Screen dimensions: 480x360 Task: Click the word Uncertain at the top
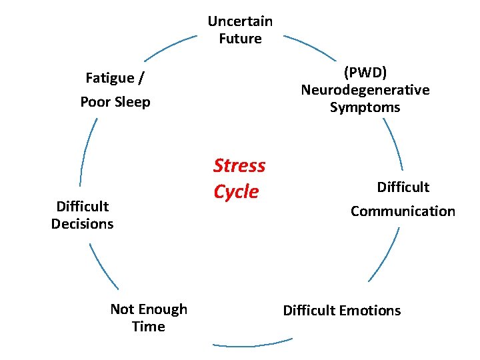(240, 21)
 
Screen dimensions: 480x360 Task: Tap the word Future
(240, 39)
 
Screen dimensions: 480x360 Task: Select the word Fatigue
(110, 78)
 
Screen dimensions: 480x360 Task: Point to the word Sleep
(133, 102)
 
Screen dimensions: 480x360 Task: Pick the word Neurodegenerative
(365, 89)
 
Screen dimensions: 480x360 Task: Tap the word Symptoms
(365, 107)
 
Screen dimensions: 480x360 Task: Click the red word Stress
(239, 165)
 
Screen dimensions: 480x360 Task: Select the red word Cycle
(236, 191)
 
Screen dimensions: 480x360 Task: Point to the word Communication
(403, 211)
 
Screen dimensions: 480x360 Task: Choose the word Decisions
(82, 224)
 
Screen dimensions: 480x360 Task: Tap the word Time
(149, 327)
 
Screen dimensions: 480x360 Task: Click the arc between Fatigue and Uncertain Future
(169, 48)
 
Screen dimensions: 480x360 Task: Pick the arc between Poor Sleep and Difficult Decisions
(86, 151)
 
